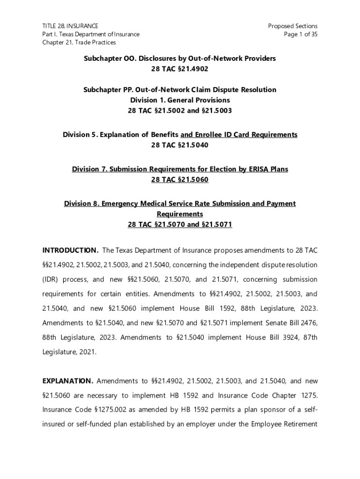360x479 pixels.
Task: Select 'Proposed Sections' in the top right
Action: point(293,26)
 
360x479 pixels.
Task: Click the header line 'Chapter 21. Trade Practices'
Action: point(79,42)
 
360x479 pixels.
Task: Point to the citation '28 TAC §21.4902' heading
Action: point(180,69)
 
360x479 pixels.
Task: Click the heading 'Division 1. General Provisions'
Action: point(180,100)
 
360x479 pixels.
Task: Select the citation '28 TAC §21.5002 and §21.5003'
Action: point(180,111)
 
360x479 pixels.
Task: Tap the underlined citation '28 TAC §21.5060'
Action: point(180,180)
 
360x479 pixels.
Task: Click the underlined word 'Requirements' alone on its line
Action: point(180,214)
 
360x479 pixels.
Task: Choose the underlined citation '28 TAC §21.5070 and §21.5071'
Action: point(180,225)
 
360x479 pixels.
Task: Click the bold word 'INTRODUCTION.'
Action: point(70,250)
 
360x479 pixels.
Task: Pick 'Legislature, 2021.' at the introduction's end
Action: point(69,352)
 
